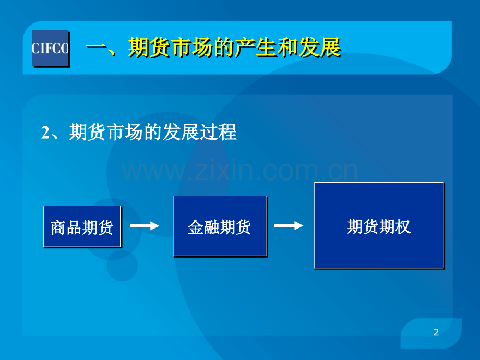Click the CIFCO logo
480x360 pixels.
(50, 48)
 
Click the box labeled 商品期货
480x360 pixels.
(82, 226)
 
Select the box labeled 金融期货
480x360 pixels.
(220, 226)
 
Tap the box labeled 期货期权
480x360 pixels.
(379, 225)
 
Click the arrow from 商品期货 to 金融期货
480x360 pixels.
(145, 226)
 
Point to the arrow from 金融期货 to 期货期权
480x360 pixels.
(289, 225)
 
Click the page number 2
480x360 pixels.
(436, 332)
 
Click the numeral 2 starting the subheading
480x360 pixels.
(45, 133)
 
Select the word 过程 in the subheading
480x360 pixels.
(218, 132)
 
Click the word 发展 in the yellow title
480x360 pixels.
(320, 47)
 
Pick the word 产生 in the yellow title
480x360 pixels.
(256, 47)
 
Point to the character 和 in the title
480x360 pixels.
(288, 47)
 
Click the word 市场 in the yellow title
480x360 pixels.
(192, 47)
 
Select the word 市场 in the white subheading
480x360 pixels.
(125, 132)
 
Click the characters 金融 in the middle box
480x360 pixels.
(203, 227)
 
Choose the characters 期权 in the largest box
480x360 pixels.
(394, 226)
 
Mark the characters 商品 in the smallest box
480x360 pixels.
(66, 228)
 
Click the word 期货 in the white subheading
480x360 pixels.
(88, 132)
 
